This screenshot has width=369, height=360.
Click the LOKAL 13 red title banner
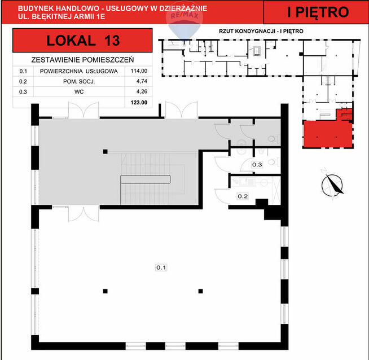coord(82,41)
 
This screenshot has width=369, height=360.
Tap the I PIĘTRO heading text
coord(318,12)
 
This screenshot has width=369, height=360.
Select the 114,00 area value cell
coord(139,71)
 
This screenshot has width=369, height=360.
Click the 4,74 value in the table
coord(142,81)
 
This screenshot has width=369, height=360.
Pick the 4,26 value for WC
coord(142,91)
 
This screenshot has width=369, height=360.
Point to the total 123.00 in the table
coord(139,102)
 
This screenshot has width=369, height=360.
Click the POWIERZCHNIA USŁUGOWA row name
coord(79,71)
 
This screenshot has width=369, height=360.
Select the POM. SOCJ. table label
coord(79,82)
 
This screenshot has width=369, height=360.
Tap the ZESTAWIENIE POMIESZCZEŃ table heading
coord(82,60)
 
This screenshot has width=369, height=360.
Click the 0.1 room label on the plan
coord(161,267)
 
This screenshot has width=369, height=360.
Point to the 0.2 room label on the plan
coord(243,196)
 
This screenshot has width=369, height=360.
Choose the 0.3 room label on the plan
coord(257,165)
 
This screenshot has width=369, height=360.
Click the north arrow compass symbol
coord(332,185)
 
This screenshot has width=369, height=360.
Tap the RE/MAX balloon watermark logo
coord(184,23)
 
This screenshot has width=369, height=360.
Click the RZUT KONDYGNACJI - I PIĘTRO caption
coord(261,31)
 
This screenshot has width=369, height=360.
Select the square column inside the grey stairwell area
coord(105,152)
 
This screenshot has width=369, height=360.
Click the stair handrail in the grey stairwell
coord(146,179)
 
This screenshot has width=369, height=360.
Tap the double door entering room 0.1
coord(84,214)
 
